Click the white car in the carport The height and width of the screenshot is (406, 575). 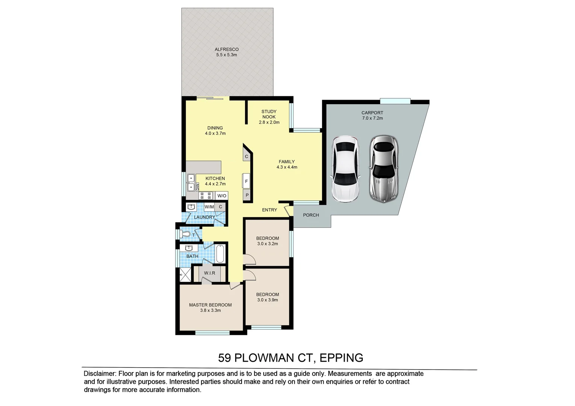coord(345,169)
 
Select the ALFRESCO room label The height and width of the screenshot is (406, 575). coord(227,49)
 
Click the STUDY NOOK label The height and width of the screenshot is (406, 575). coord(269,114)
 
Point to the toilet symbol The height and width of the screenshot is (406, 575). coord(186,235)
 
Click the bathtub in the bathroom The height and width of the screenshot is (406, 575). coord(221,253)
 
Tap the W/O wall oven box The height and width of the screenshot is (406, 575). coord(222,196)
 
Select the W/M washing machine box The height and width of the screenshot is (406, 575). coord(209,207)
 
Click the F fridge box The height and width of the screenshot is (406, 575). coord(246,181)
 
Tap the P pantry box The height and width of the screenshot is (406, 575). coord(247,195)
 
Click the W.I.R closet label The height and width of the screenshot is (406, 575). coord(210,273)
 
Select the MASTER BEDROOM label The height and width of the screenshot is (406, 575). coord(210,305)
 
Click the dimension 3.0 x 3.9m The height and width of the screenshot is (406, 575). coord(268,300)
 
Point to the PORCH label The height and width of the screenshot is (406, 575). coord(311,215)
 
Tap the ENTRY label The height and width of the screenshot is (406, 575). coord(269,210)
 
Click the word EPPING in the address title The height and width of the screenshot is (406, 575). coord(341,358)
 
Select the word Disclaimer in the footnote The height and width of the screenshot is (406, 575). coord(99,374)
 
